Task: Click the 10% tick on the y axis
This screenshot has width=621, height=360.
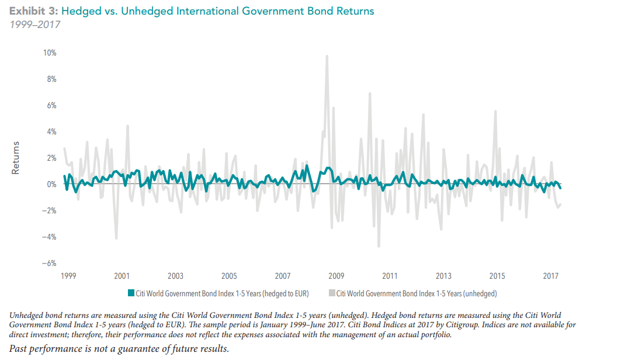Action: (x=50, y=53)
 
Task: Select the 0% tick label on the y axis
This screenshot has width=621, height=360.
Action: (x=51, y=185)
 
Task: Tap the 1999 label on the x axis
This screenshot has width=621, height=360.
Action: (x=68, y=276)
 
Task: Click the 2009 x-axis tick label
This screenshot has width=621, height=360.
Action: (x=336, y=276)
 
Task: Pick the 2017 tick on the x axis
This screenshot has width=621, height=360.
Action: (x=550, y=276)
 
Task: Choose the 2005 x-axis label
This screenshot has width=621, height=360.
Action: (x=229, y=276)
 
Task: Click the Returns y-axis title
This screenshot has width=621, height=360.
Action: (x=16, y=158)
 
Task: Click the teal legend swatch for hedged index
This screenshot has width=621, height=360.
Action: (x=131, y=293)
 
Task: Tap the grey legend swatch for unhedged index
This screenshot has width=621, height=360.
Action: (x=332, y=293)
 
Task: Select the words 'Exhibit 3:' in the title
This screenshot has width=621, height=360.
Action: (x=33, y=11)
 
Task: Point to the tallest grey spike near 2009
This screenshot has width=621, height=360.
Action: (x=327, y=56)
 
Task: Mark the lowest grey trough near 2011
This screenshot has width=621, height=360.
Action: (x=379, y=247)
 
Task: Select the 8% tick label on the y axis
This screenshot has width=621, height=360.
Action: (x=51, y=79)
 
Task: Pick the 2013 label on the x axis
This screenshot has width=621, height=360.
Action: (x=443, y=276)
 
